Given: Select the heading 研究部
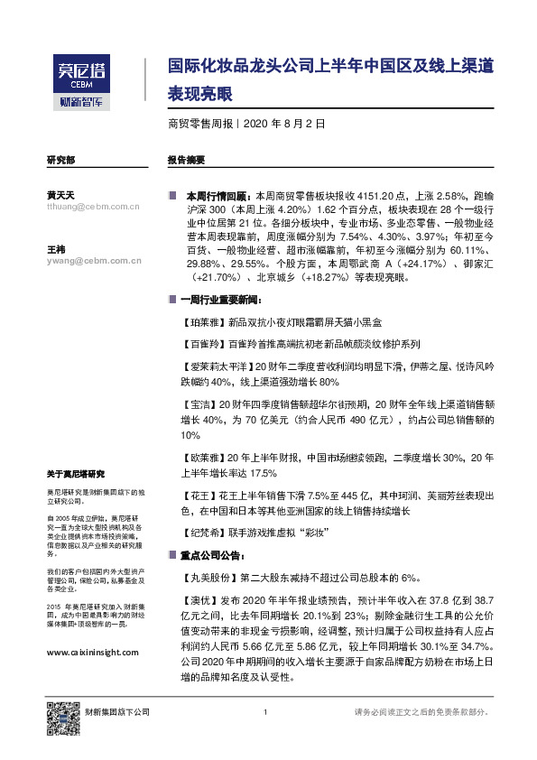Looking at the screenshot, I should click(60, 159).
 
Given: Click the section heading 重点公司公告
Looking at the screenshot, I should click(213, 555).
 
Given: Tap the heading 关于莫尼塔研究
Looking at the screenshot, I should click(76, 474).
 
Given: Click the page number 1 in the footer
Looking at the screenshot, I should click(266, 712).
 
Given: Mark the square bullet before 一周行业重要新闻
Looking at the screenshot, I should click(172, 299).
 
